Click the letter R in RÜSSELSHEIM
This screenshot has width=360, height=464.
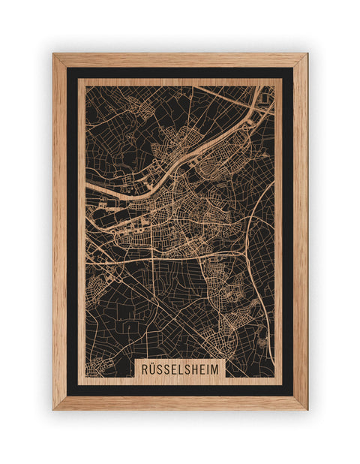(x=142, y=369)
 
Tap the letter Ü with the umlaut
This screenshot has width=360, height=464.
(x=151, y=369)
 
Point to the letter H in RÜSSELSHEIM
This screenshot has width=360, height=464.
(x=200, y=369)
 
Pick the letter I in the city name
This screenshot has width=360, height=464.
(x=215, y=369)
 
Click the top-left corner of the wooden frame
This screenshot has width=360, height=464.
(x=54, y=55)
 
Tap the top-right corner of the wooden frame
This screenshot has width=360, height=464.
(x=306, y=55)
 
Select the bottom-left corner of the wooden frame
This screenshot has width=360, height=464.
(x=54, y=408)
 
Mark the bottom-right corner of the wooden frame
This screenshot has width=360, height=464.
(x=306, y=408)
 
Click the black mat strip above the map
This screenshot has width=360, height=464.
(x=180, y=73)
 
